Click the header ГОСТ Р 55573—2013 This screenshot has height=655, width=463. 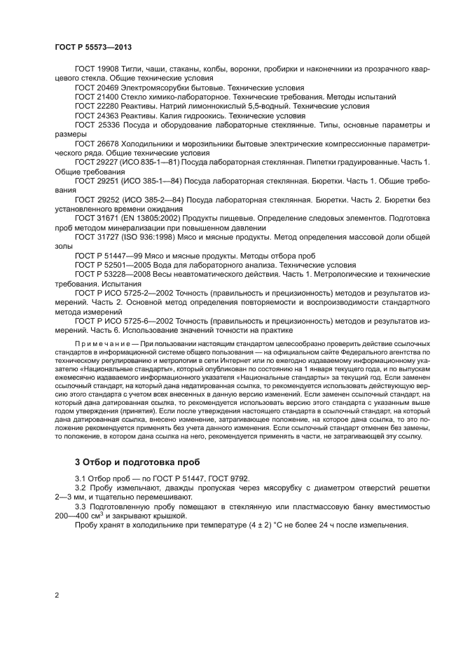point(94,46)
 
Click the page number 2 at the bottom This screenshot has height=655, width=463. point(56,595)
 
